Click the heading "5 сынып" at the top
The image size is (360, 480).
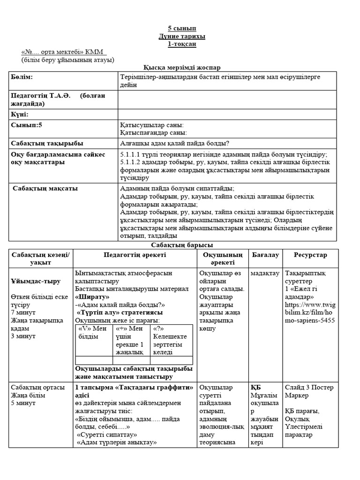click(180, 28)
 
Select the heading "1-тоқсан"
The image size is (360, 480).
click(180, 44)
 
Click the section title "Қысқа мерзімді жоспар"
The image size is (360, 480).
click(180, 68)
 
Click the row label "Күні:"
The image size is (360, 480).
click(20, 114)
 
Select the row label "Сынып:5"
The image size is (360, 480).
click(27, 125)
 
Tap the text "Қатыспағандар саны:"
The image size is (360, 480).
click(154, 133)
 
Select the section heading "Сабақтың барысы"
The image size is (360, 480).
click(180, 245)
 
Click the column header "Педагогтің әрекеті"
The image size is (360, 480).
click(135, 255)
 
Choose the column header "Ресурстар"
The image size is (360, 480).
click(310, 255)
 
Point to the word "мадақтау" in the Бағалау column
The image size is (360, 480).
click(265, 273)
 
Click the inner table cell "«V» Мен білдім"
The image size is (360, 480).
click(94, 332)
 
